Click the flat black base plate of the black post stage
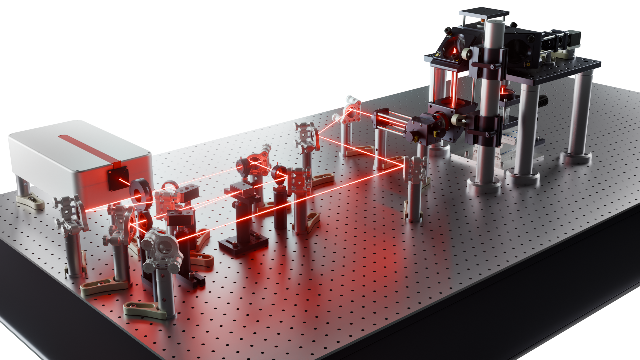pos(244,245)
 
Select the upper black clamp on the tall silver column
pos(487,63)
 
